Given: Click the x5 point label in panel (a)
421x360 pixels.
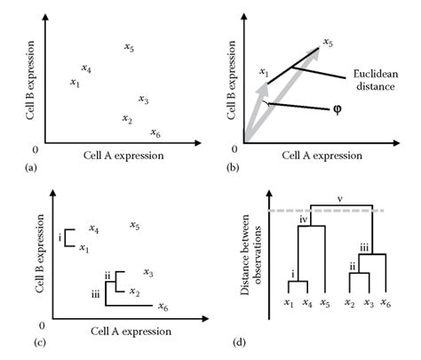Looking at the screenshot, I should click(130, 47).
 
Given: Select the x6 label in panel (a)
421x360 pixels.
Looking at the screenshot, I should click(155, 133).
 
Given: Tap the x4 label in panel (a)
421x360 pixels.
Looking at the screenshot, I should click(86, 68).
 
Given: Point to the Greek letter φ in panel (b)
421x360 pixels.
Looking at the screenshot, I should click(338, 109).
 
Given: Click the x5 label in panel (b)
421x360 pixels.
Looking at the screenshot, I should click(328, 42).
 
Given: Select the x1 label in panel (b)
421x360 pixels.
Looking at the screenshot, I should click(263, 71).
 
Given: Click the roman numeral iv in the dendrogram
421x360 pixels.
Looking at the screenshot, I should click(304, 219).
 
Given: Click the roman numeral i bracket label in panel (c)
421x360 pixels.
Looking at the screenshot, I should click(60, 238).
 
